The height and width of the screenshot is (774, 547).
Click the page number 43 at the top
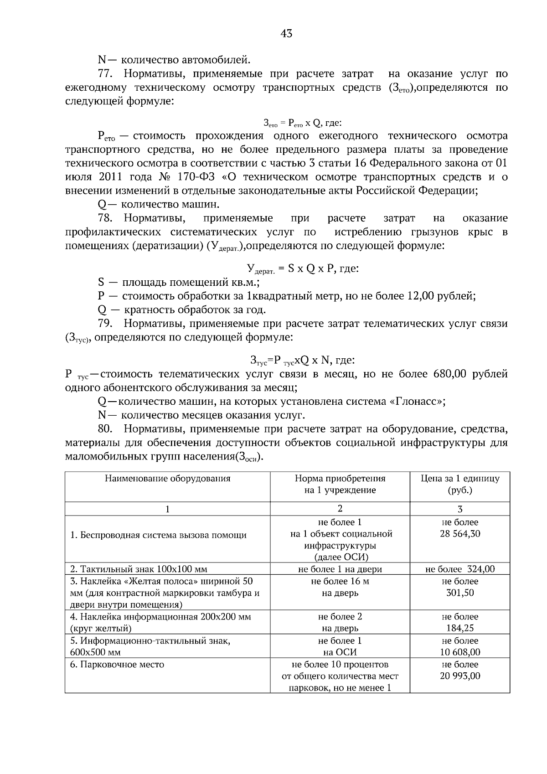coord(287,33)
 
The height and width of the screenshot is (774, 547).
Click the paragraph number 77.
coord(106,73)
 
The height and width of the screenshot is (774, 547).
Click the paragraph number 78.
coord(106,218)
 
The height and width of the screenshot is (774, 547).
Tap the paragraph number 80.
coord(106,429)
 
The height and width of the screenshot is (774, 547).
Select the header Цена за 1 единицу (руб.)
coord(459,484)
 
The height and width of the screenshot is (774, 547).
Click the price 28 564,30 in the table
coord(459,534)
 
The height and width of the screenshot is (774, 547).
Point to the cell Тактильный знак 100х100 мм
coord(139,569)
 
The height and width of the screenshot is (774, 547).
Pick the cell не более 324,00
coord(459,569)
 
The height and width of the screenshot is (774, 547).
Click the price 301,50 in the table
coord(459,593)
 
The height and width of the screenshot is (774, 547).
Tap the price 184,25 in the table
coord(459,628)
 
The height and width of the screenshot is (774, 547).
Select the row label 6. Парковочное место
coord(117,664)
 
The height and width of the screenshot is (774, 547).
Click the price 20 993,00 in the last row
coord(459,676)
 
